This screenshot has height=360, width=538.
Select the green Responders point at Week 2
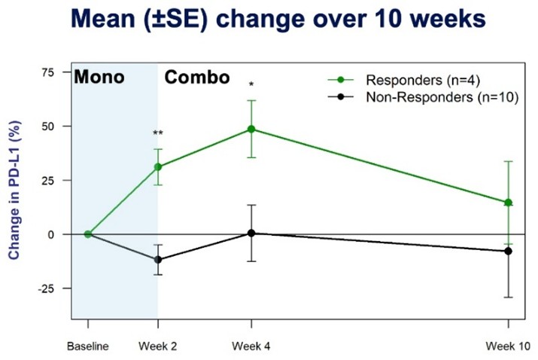click(x=158, y=167)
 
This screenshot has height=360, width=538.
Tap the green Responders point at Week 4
click(x=251, y=130)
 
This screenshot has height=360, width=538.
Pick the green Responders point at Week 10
click(x=509, y=203)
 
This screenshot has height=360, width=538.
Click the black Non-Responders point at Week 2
click(x=158, y=260)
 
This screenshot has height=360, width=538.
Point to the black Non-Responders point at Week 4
click(x=251, y=233)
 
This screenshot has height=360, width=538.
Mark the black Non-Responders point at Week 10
click(x=509, y=251)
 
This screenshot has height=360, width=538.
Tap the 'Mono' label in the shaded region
click(x=99, y=78)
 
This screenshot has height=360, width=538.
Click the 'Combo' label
click(x=197, y=78)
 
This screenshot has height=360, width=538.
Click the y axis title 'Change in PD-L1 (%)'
click(x=14, y=192)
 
